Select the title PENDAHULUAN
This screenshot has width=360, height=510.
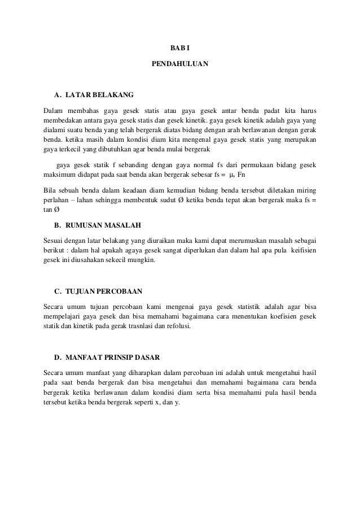[180, 65]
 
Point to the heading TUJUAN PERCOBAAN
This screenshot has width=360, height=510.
[104, 291]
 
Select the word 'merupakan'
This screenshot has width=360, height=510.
[300, 139]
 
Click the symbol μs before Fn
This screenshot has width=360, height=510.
[231, 176]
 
